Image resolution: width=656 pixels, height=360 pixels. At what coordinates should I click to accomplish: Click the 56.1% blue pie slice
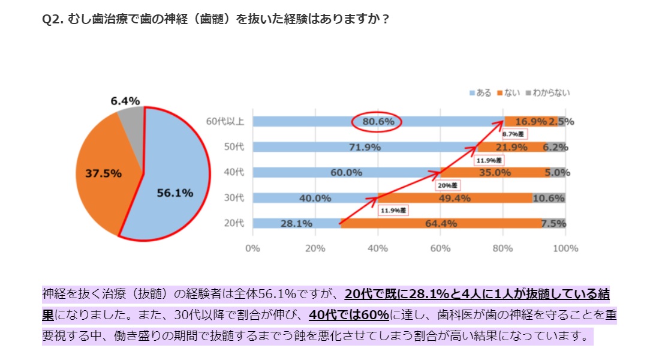pyautogui.click(x=174, y=180)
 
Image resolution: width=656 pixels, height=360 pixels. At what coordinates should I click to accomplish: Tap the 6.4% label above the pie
pyautogui.click(x=125, y=101)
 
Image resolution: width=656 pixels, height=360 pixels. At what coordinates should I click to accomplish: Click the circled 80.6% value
pyautogui.click(x=378, y=122)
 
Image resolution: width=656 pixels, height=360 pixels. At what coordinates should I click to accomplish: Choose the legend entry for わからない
pyautogui.click(x=548, y=93)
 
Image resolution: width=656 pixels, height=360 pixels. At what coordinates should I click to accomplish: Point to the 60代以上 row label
pyautogui.click(x=225, y=122)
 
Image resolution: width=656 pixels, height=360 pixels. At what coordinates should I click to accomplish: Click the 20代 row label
pyautogui.click(x=233, y=224)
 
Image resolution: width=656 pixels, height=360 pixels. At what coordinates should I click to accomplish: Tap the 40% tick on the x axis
pyautogui.click(x=378, y=248)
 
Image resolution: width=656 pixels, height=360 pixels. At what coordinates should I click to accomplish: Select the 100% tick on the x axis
pyautogui.click(x=565, y=248)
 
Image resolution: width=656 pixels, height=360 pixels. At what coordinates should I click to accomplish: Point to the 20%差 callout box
pyautogui.click(x=446, y=185)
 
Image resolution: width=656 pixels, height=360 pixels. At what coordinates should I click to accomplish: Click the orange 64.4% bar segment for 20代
pyautogui.click(x=441, y=224)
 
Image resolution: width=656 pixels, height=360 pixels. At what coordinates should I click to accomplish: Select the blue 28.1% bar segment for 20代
pyautogui.click(x=296, y=224)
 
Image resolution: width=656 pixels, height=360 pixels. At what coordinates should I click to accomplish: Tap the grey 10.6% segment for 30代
pyautogui.click(x=549, y=198)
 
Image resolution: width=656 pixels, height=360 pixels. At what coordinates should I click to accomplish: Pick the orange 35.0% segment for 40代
pyautogui.click(x=495, y=173)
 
